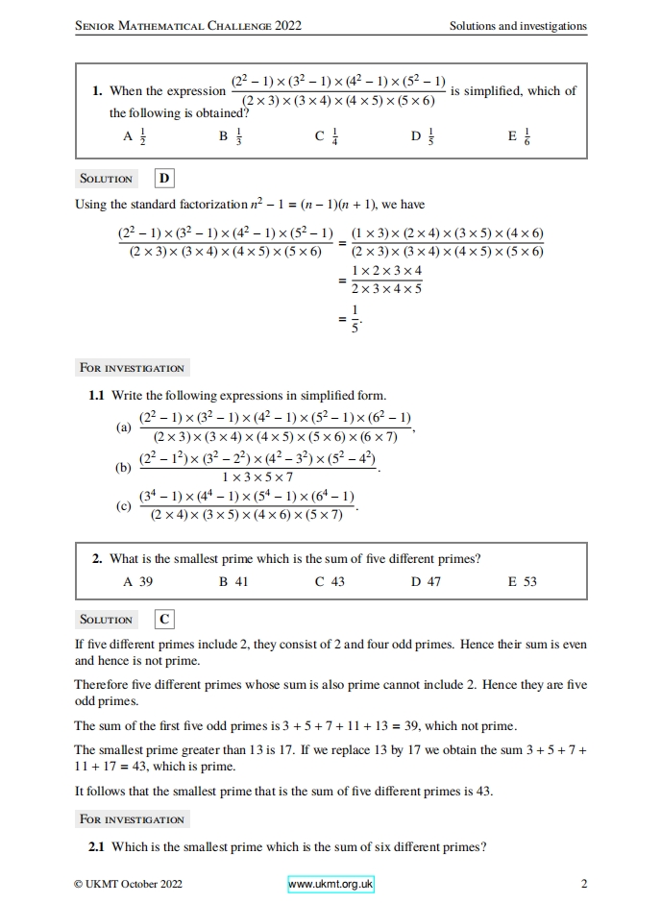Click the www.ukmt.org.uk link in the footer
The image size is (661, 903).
coord(330,884)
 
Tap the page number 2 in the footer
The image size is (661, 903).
coord(584,884)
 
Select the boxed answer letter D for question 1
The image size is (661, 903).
coord(164,179)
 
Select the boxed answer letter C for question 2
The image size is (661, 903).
coord(164,620)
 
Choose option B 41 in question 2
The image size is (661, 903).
coord(233,582)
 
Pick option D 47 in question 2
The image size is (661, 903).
coord(427,582)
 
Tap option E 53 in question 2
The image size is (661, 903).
coord(523,582)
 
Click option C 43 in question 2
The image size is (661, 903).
coord(330,582)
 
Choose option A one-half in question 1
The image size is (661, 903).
coord(134,137)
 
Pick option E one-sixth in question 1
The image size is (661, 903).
coord(519,137)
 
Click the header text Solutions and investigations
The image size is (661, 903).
coord(518,26)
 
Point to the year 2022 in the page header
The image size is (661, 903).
coord(287,26)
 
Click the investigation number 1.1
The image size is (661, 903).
coord(96,395)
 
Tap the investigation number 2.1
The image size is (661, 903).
coord(96,846)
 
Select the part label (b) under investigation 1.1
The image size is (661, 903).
coord(123,468)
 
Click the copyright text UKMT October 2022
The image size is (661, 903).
coord(128,884)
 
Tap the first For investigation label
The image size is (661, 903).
coord(132,368)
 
